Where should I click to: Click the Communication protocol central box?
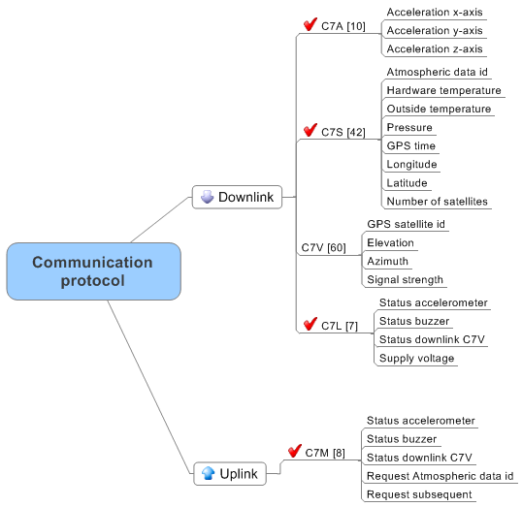(x=93, y=271)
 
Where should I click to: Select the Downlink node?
(x=237, y=197)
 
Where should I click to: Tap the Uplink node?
(x=230, y=473)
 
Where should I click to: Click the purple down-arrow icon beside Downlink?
(x=207, y=197)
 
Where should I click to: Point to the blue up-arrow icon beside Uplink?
(x=209, y=473)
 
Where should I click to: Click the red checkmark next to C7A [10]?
(x=310, y=24)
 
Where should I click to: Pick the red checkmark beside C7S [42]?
(x=310, y=130)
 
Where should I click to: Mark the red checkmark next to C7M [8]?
(x=295, y=451)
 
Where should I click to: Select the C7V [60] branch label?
(x=324, y=247)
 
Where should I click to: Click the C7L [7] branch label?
(x=340, y=326)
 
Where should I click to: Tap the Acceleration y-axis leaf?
(x=435, y=31)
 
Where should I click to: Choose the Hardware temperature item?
(x=443, y=90)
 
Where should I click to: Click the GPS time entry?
(x=411, y=145)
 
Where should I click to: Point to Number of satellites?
(x=438, y=202)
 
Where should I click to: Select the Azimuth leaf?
(x=387, y=261)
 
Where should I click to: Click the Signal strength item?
(x=405, y=280)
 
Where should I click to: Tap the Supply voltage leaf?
(x=416, y=359)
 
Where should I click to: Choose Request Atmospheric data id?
(x=440, y=476)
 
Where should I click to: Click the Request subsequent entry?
(x=419, y=494)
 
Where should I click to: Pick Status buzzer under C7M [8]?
(x=402, y=439)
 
